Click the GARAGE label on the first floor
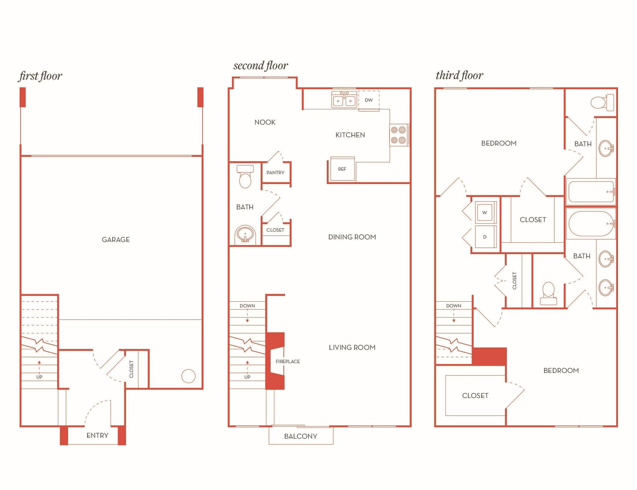coord(116,239)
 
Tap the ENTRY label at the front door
coord(97,435)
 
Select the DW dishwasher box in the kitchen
coord(369,100)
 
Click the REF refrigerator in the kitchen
coord(342,169)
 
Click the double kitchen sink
coord(344,99)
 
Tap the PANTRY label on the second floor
coord(275,173)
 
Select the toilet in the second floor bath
coord(245,177)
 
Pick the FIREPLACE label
coord(288,361)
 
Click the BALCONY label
coord(300,436)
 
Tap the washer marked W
coord(485,212)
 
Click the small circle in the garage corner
coord(188,376)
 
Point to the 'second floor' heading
coord(261,66)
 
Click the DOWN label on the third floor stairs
coord(453,306)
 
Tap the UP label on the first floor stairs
coord(39,377)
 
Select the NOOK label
coord(265,122)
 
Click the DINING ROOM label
coord(352,237)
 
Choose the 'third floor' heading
coord(459,75)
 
